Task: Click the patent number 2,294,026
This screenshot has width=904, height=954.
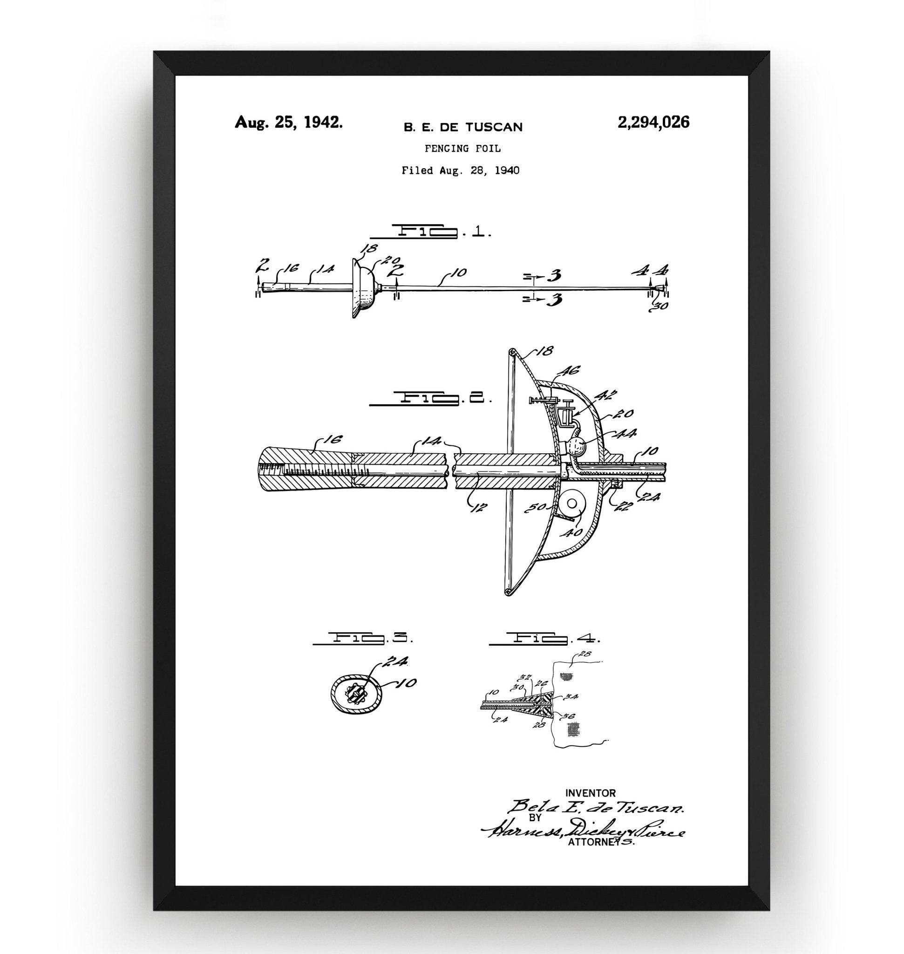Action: click(653, 123)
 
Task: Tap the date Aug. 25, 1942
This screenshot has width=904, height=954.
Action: click(289, 122)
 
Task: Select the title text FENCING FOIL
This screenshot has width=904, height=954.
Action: click(462, 149)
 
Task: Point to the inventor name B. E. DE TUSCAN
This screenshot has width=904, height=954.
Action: click(462, 127)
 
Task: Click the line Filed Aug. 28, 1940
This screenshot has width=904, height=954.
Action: click(460, 170)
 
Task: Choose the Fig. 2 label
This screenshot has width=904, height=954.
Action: click(431, 398)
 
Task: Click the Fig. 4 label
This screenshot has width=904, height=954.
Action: click(544, 639)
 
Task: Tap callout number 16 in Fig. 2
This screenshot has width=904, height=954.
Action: click(334, 439)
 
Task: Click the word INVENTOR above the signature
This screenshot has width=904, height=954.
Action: click(590, 792)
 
